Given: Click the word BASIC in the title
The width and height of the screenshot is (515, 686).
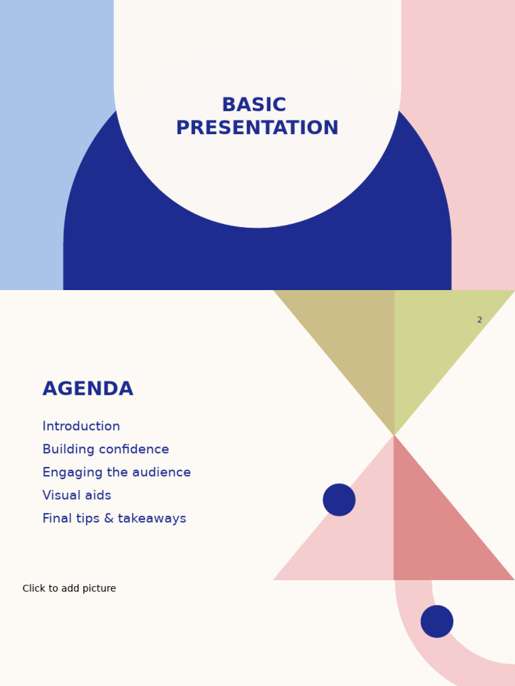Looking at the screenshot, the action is click(x=254, y=105).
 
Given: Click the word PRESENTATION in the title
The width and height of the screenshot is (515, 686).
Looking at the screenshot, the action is click(x=257, y=128).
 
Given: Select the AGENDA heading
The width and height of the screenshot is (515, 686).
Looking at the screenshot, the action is click(x=88, y=389).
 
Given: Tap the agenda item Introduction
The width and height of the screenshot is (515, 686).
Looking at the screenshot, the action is click(x=81, y=426).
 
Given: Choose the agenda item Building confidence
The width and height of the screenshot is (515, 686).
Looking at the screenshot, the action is click(x=105, y=450).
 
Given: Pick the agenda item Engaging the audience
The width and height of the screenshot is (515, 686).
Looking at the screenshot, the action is click(x=117, y=472).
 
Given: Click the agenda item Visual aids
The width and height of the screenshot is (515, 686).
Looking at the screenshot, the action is click(x=76, y=495).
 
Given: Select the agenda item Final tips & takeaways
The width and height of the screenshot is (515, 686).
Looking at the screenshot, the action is click(x=114, y=519).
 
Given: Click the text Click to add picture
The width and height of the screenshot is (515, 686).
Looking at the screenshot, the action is click(x=69, y=588).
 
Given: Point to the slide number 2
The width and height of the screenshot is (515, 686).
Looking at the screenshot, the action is click(x=479, y=320).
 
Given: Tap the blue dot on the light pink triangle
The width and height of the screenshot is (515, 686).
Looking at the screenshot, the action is click(x=339, y=500).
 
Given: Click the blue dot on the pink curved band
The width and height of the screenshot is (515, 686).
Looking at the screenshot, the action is click(x=437, y=621).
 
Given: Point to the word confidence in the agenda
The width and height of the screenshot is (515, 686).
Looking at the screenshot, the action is click(x=134, y=450).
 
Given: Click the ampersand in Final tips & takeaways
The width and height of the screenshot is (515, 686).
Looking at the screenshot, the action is click(x=109, y=519).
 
